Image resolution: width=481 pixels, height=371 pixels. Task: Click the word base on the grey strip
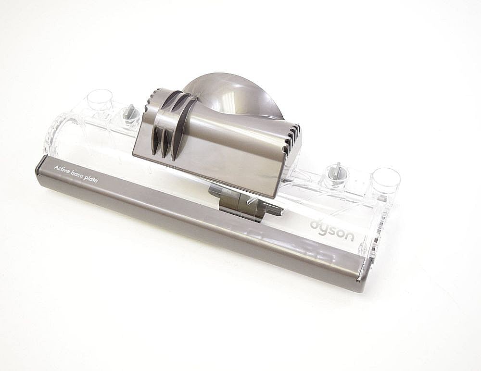tap(78, 175)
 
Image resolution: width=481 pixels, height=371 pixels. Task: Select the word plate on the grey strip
tap(91, 180)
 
